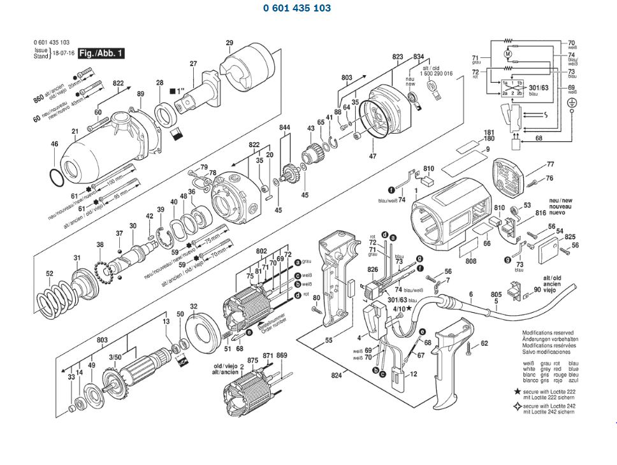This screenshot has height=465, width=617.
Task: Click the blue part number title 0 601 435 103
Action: point(296,8)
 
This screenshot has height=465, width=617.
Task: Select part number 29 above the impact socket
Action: point(229,43)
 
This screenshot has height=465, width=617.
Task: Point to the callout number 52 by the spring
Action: point(50,275)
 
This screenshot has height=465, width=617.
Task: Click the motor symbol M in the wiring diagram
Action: point(508,55)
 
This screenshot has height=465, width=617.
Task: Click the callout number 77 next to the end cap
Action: point(550,165)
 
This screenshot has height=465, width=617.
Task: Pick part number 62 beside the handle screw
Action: point(484,343)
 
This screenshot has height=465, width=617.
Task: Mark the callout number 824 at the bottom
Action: point(337,376)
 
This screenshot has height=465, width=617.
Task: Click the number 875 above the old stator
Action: point(252,361)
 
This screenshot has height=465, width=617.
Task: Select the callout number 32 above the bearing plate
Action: point(194,306)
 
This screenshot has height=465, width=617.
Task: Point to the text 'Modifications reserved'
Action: point(548,333)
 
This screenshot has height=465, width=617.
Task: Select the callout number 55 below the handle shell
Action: point(328,341)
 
